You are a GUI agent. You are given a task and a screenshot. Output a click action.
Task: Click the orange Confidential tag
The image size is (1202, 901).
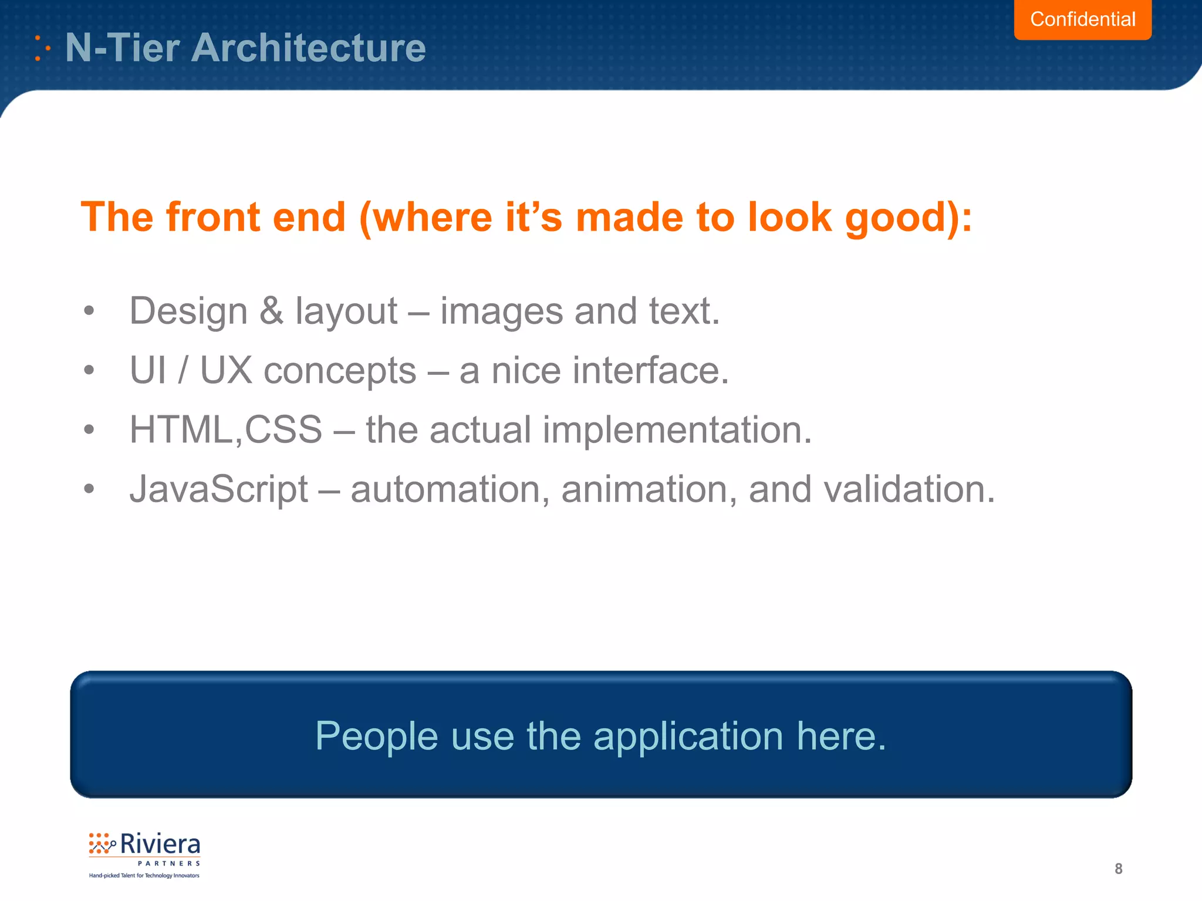[1082, 19]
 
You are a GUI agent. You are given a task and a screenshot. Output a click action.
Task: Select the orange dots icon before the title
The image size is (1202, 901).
[41, 48]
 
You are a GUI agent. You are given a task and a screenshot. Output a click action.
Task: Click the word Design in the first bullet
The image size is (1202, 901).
[188, 311]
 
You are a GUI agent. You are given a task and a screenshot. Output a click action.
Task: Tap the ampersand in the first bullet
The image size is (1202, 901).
[271, 310]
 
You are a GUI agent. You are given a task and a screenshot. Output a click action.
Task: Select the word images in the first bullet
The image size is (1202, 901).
[501, 311]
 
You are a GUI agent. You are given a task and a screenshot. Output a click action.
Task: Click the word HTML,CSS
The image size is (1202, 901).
[226, 430]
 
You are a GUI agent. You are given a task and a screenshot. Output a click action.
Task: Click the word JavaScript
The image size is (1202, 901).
[218, 490]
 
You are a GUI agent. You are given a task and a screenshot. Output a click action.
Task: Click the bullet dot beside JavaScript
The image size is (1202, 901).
[89, 488]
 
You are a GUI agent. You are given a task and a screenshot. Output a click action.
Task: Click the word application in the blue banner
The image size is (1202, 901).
[688, 736]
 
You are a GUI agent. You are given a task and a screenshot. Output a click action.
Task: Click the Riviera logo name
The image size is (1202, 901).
[160, 845]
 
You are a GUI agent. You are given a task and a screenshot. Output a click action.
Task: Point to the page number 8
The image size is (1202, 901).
[1118, 869]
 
